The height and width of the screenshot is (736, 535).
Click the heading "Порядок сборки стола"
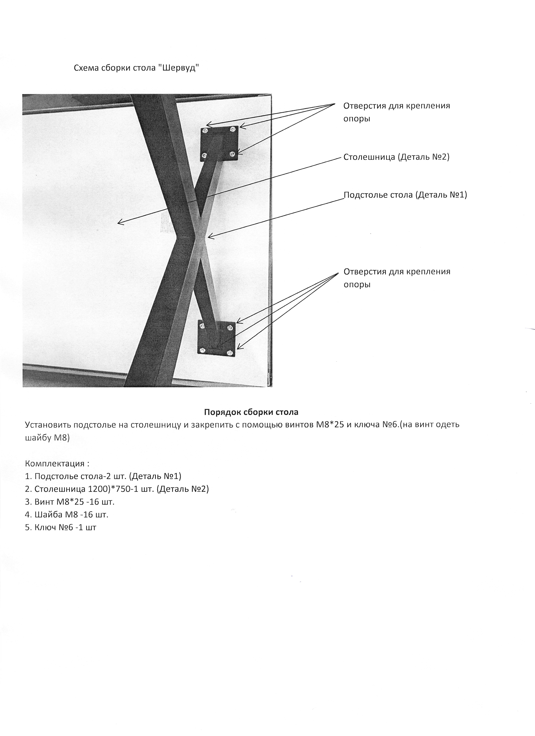[x=251, y=412]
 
